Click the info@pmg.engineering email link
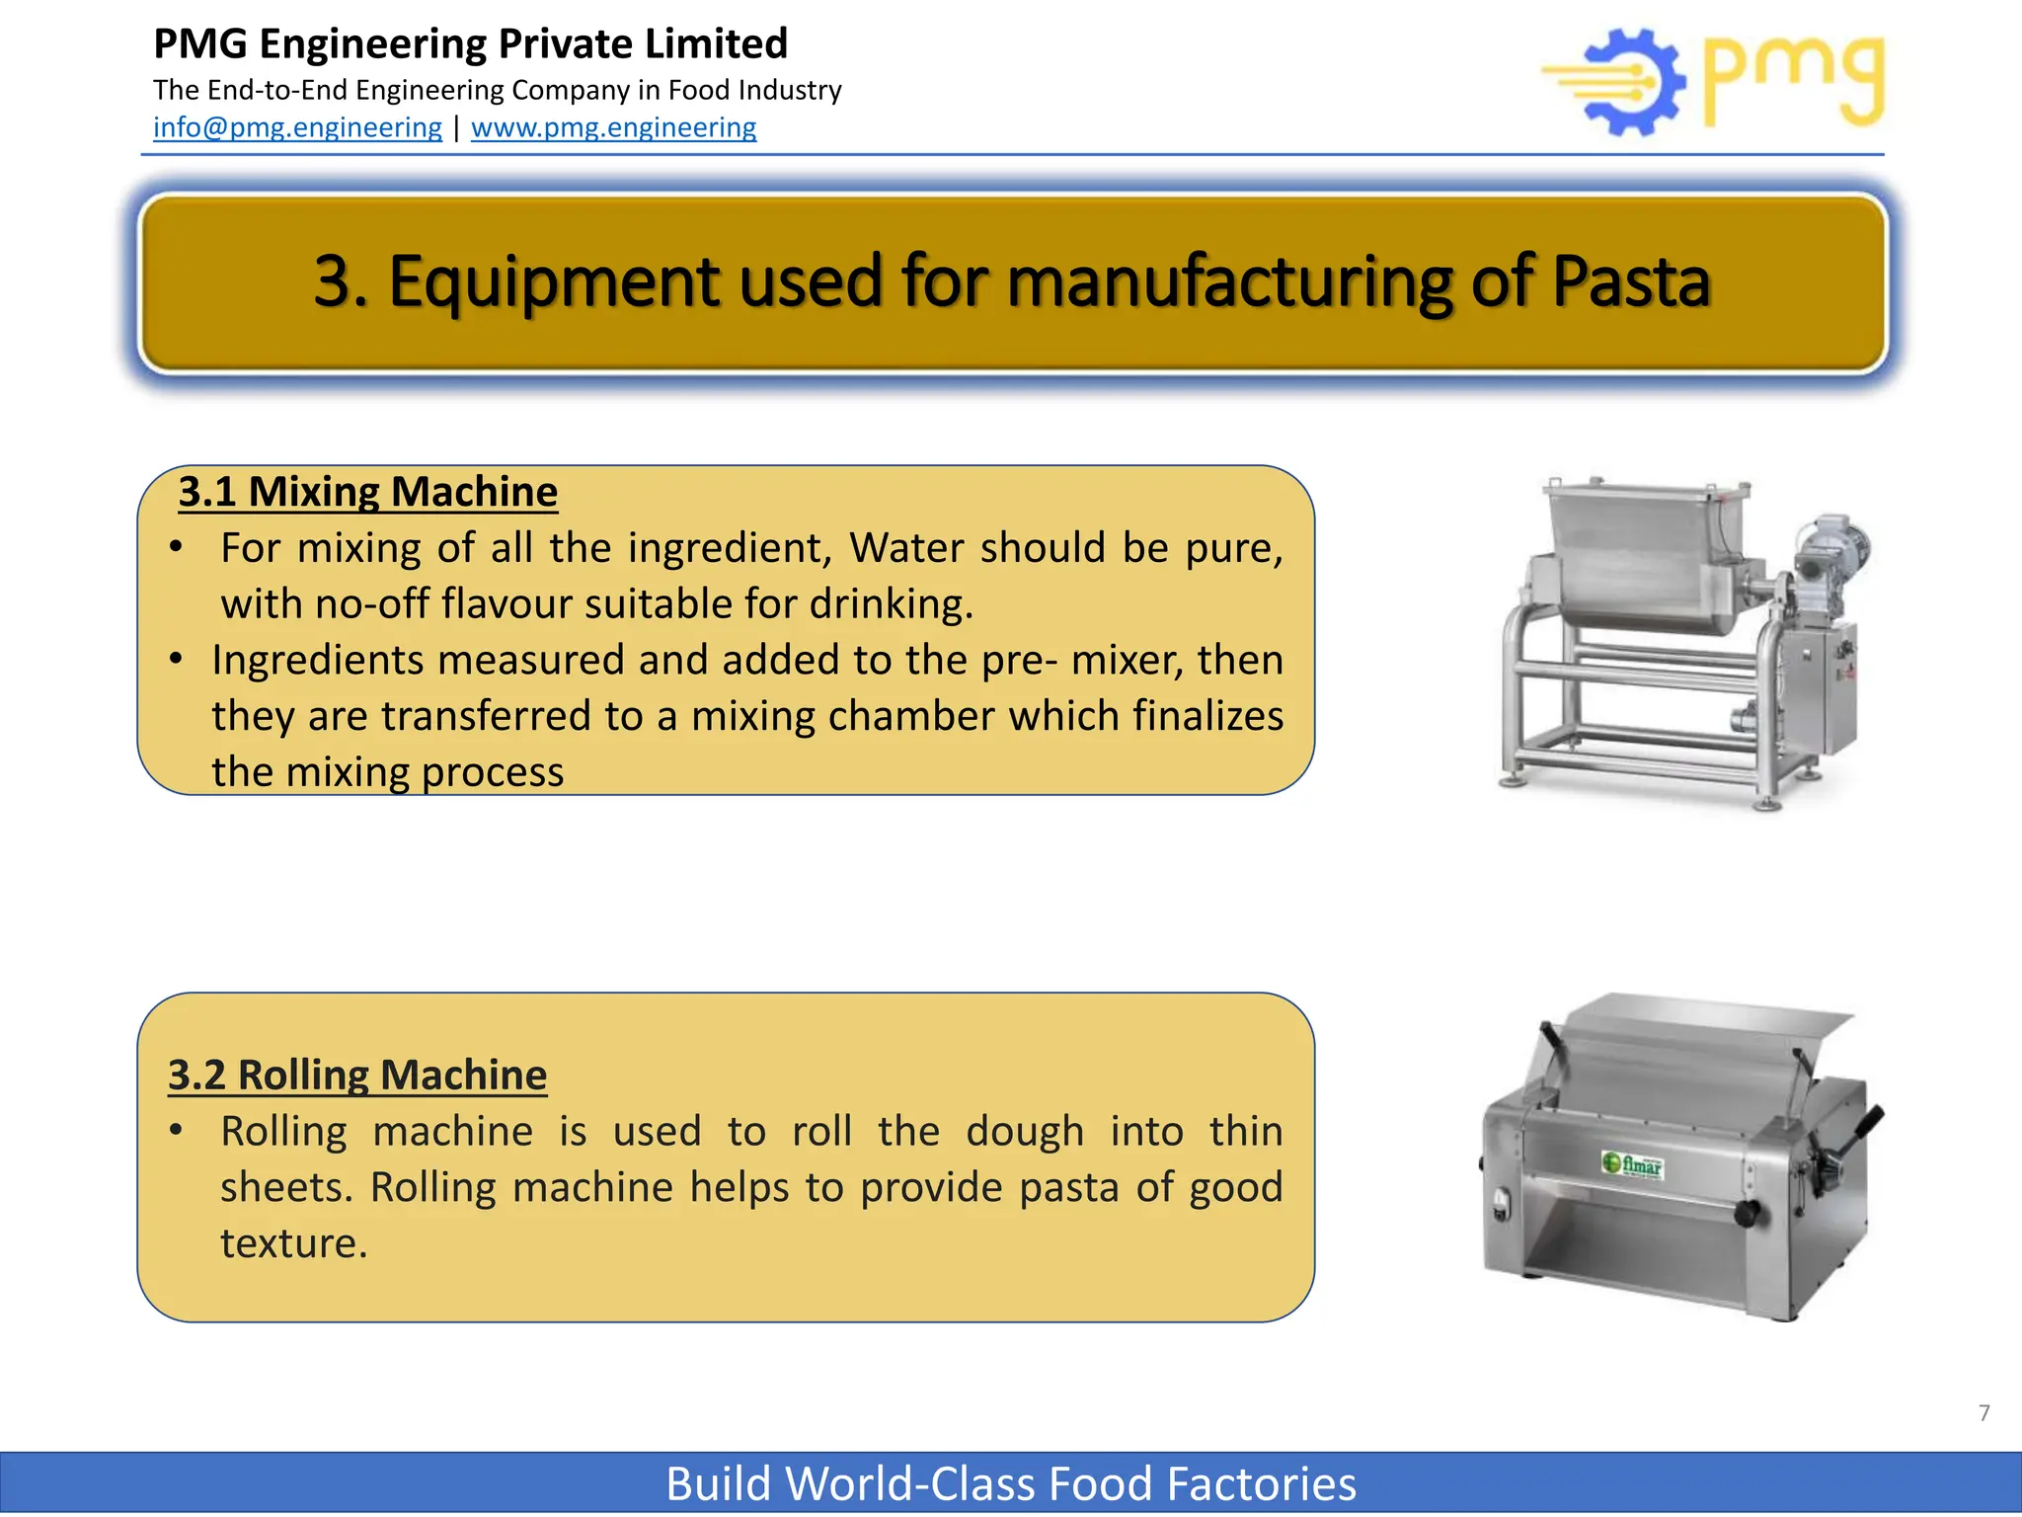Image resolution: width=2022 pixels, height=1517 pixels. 297,127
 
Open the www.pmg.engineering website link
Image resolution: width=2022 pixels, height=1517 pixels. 613,127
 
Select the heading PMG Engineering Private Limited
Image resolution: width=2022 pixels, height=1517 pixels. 470,44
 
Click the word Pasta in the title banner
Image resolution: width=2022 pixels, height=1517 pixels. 1630,282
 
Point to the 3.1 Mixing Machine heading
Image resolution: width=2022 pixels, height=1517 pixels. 368,492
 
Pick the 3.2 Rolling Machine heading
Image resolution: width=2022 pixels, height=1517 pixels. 357,1075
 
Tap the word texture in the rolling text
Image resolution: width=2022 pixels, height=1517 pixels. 292,1243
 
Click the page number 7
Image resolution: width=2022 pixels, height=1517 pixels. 1983,1413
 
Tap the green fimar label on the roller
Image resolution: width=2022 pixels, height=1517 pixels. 1633,1165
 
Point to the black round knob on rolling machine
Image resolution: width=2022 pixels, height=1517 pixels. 1745,1214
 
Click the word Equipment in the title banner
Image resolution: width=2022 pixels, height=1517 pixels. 554,282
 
